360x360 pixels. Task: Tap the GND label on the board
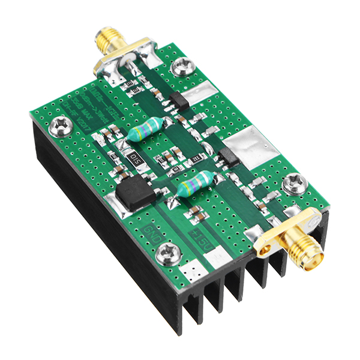click(151, 232)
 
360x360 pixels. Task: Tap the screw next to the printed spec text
click(59, 125)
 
